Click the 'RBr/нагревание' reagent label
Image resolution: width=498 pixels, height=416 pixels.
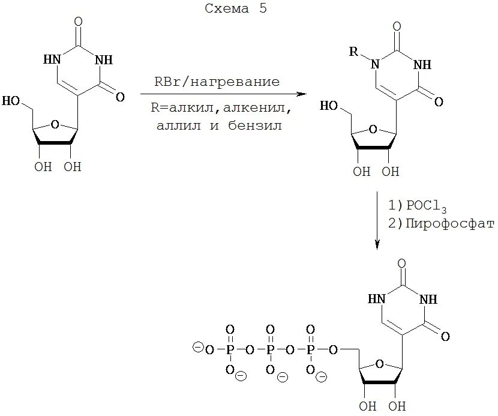point(217,82)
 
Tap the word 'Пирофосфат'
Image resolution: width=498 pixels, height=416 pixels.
point(440,224)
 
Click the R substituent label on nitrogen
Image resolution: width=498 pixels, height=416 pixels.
point(355,51)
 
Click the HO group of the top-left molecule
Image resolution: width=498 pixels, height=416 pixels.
point(11,100)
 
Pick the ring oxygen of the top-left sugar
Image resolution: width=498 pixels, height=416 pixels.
point(55,124)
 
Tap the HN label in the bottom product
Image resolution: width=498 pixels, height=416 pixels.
point(376,299)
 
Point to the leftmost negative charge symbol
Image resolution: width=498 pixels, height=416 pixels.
point(196,347)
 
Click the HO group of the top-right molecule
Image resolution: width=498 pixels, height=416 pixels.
point(328,106)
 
